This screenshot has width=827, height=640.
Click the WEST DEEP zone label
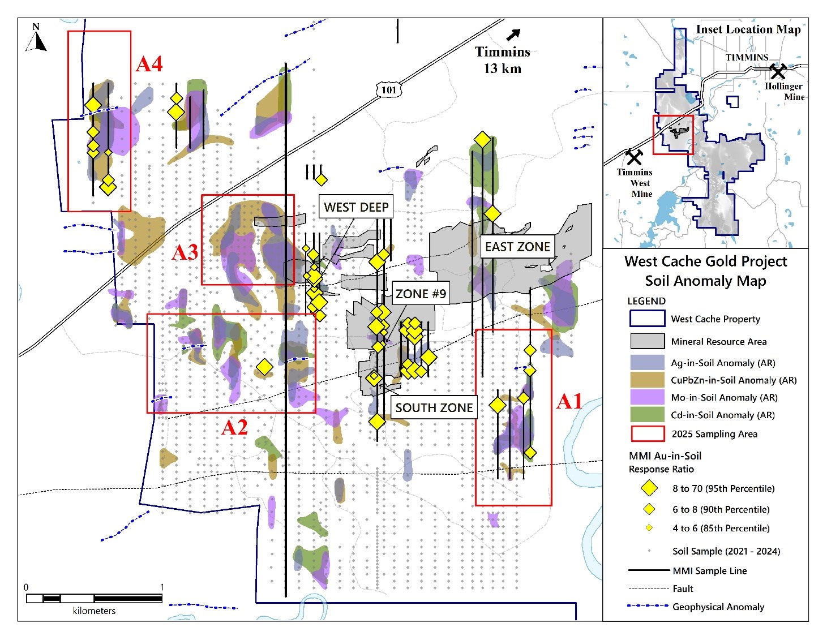356,207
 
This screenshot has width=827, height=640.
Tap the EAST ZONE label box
517,246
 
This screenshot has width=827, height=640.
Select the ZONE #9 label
421,293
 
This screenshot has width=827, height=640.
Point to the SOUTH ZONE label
434,407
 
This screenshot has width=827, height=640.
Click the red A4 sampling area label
149,64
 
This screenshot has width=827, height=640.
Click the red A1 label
569,401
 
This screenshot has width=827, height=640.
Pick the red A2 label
234,427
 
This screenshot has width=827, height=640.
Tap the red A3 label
185,252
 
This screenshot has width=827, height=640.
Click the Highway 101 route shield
389,90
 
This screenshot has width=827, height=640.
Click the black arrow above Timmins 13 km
513,35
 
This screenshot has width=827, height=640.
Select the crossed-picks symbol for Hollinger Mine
778,71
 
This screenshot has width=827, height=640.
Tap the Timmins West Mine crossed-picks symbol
634,157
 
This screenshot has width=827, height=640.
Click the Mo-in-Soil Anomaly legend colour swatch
648,397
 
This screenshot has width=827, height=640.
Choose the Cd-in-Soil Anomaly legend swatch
648,414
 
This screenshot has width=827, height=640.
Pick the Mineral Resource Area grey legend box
648,341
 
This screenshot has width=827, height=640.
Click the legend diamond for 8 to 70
649,488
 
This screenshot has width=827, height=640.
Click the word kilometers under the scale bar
94,611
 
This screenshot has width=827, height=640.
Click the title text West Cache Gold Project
706,261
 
